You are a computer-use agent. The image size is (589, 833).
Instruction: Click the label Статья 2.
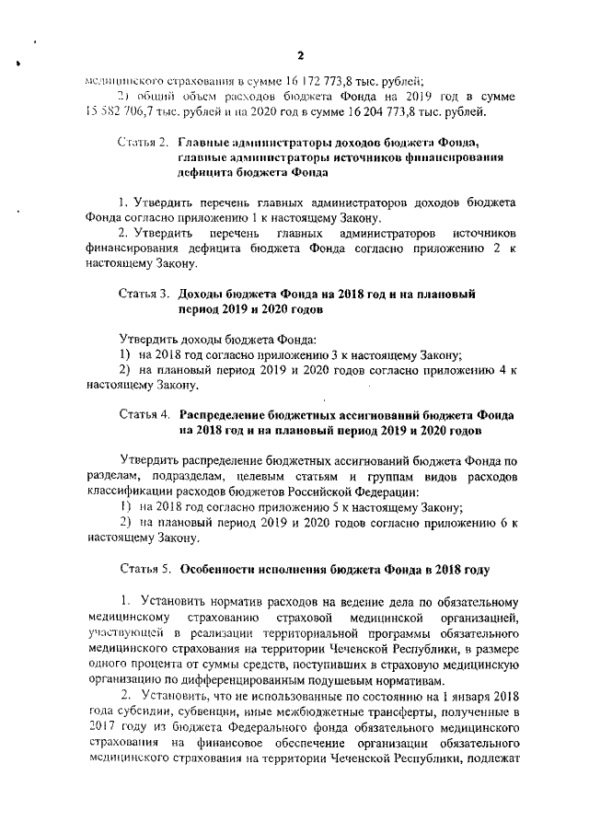click(x=144, y=144)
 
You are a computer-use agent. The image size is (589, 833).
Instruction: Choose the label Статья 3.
click(x=144, y=295)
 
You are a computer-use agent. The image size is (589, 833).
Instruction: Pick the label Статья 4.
click(x=144, y=415)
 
